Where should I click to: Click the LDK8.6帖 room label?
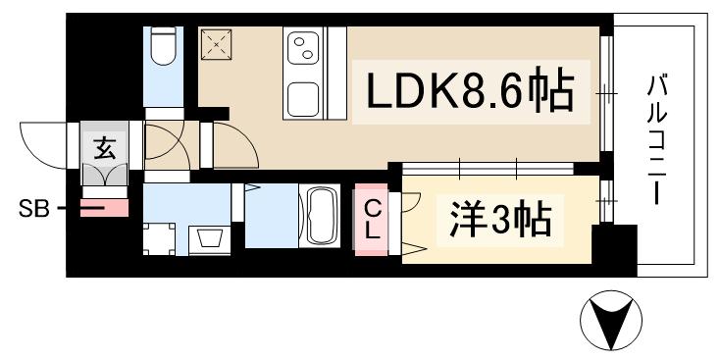pos(470,94)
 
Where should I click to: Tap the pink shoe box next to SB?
pos(104,208)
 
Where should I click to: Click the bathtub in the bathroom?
pos(324,217)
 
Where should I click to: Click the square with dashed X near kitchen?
pos(215,43)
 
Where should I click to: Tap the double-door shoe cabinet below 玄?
pos(105,174)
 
